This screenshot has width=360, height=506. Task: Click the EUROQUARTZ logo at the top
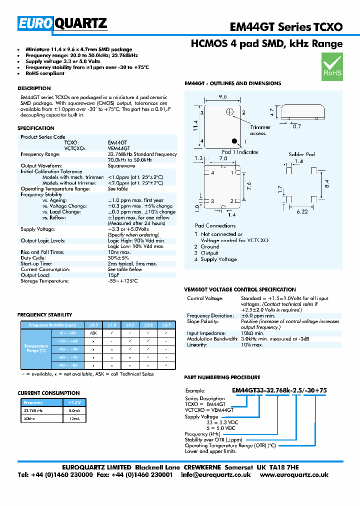62,23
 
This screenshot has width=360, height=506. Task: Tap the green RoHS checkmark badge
332,67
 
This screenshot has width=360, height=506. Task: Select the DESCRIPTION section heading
34,88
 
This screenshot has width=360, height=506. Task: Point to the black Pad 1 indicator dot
232,141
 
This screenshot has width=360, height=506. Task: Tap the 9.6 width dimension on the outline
222,97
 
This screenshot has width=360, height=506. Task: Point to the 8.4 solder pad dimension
326,184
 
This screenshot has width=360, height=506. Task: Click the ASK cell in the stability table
93,332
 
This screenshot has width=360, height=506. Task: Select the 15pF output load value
113,275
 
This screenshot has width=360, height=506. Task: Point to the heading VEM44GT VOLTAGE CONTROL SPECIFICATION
240,289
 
